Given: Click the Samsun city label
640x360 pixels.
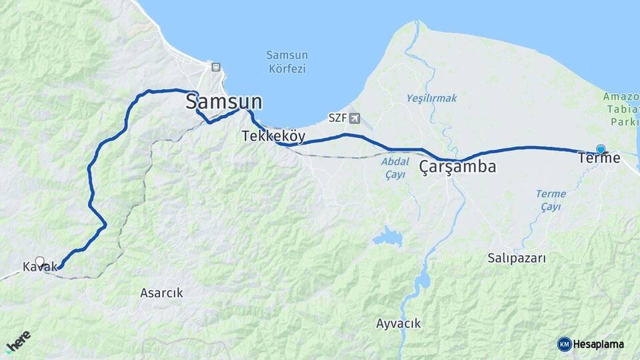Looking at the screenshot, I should click(223, 102).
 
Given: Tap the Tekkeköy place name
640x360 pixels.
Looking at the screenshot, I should click(273, 137).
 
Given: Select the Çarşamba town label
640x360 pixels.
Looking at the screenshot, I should click(457, 167).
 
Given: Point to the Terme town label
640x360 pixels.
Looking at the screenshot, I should click(599, 159).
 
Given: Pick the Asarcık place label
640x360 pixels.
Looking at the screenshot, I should click(161, 293).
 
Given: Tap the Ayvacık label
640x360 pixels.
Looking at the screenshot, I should click(398, 324).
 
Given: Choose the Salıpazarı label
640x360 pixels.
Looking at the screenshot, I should click(517, 258).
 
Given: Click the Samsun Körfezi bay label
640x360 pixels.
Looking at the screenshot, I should click(285, 61).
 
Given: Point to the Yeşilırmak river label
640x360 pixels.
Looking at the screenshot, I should click(431, 98).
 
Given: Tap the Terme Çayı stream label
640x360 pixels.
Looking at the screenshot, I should click(551, 200).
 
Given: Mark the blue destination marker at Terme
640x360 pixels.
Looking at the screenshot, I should click(601, 149).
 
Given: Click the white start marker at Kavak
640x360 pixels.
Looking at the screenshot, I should click(39, 261).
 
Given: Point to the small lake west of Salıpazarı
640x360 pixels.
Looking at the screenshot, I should click(387, 236).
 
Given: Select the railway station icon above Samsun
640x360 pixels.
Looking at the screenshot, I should click(215, 67).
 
